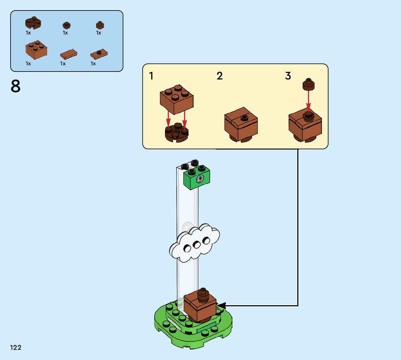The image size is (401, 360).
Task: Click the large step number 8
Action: (16, 87)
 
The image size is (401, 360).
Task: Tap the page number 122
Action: (16, 348)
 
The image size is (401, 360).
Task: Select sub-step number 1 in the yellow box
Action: (151, 76)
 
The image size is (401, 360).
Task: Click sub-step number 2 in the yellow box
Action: (220, 76)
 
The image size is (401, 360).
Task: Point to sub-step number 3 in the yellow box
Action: (288, 76)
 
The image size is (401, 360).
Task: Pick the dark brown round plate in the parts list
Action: (33, 23)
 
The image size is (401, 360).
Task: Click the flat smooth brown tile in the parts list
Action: (68, 54)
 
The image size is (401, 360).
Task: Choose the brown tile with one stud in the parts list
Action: (99, 54)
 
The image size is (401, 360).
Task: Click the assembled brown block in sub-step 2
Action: (241, 125)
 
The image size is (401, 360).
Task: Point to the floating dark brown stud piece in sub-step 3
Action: (309, 85)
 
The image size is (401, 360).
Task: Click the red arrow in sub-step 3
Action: (309, 100)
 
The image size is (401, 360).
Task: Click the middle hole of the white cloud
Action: (197, 245)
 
